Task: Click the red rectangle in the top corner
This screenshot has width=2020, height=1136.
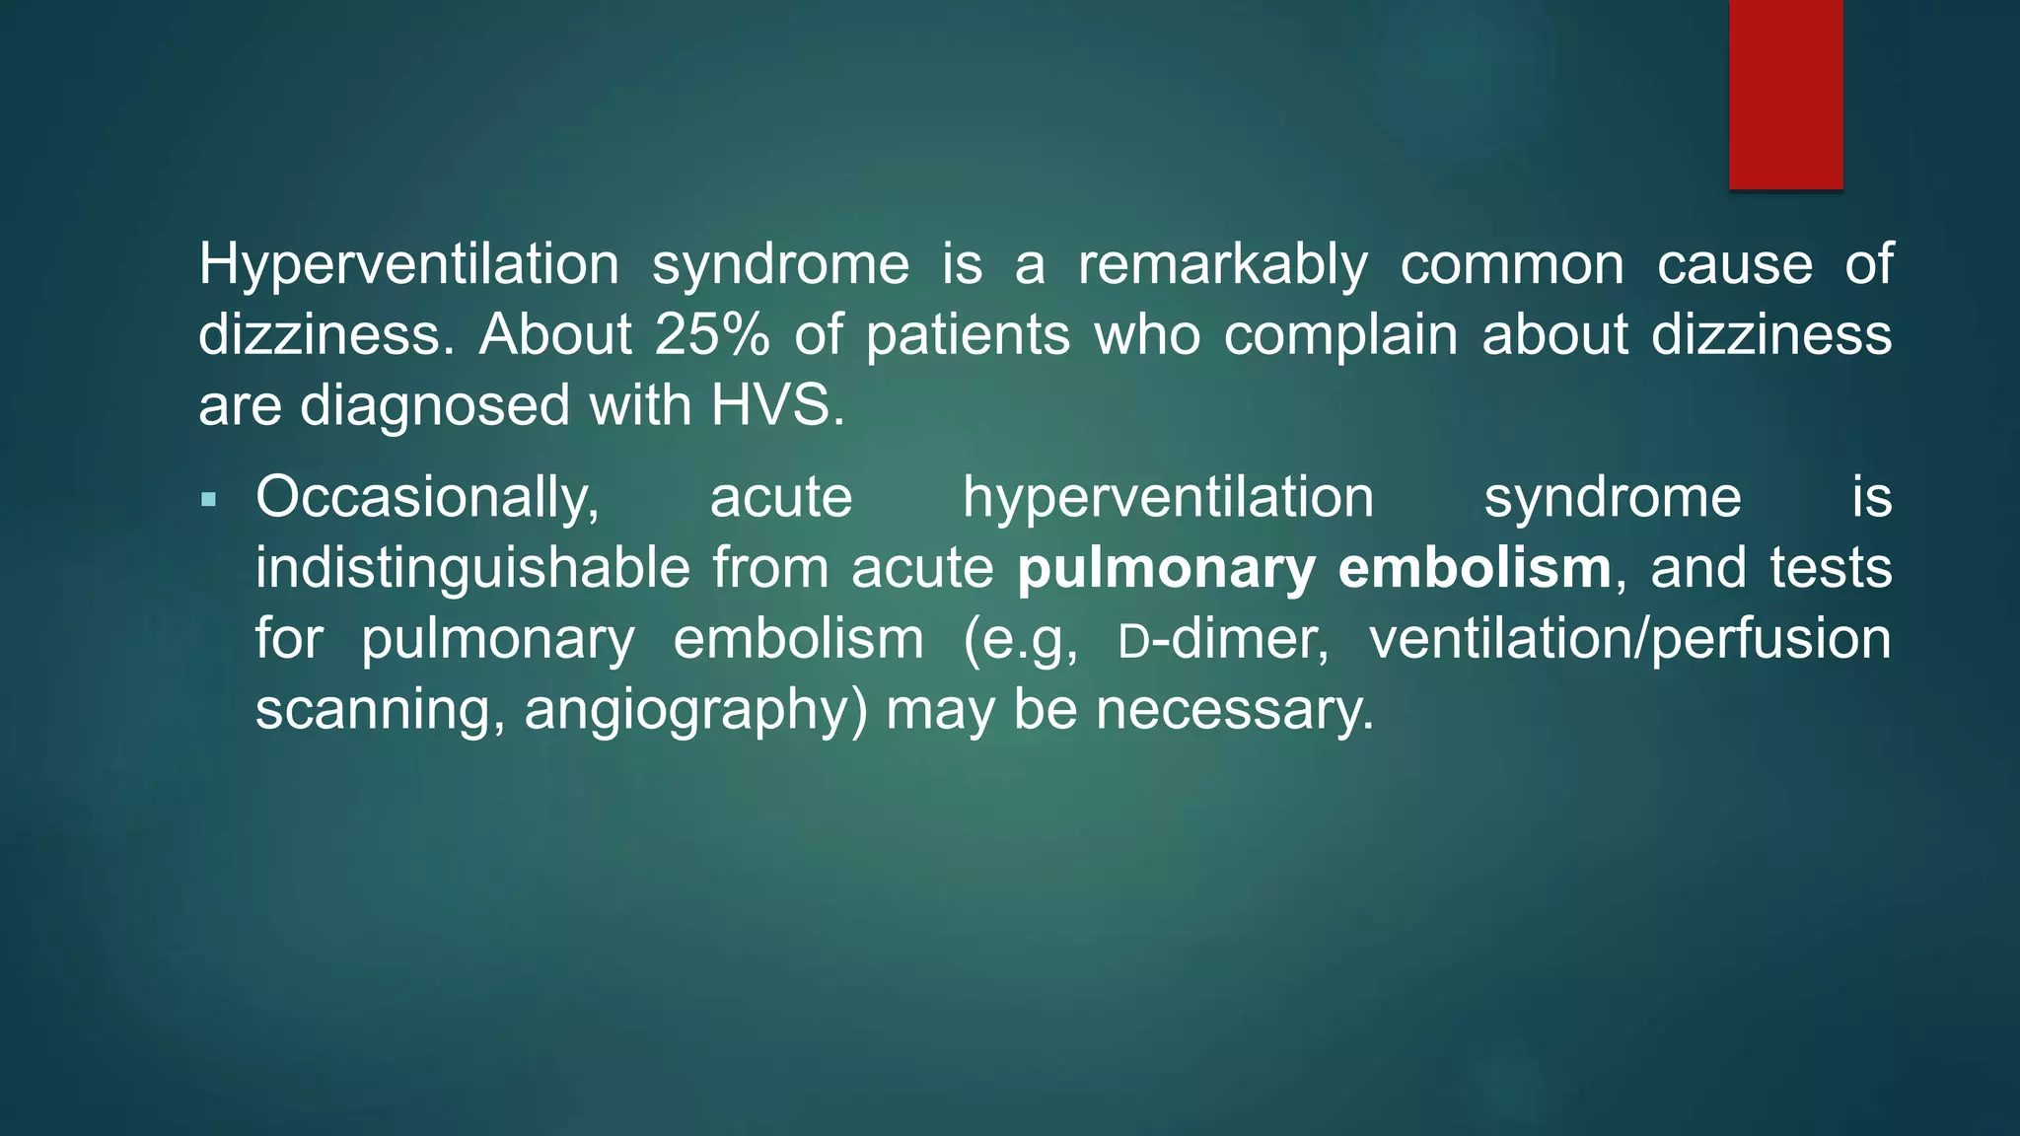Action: (1785, 94)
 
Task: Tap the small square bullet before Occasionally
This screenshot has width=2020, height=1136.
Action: (208, 500)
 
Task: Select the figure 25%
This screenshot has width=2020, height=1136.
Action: (711, 335)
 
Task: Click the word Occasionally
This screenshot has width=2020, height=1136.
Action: (427, 498)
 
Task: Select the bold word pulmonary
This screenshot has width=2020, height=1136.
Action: (1166, 569)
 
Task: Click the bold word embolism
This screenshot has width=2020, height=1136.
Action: (1475, 569)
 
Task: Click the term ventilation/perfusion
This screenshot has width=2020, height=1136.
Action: (1630, 640)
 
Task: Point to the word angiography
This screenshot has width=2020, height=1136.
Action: (695, 711)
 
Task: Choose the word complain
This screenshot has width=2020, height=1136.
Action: (1340, 335)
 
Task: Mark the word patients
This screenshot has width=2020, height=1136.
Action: (968, 335)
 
